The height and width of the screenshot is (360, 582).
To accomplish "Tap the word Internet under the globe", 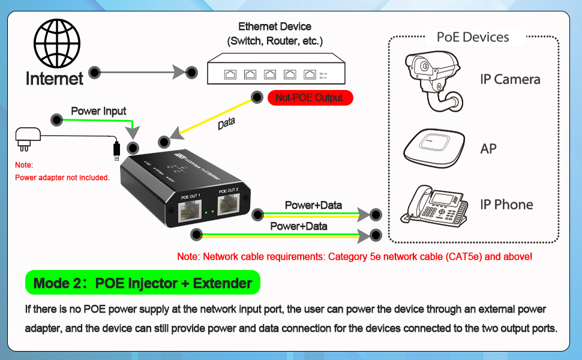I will point(54,78).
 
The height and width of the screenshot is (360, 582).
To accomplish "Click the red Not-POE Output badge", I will point(309,97).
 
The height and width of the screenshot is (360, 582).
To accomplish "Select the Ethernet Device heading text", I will point(275,26).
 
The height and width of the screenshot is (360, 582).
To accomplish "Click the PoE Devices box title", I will point(473,37).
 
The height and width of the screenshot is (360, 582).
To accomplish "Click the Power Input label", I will point(98,111).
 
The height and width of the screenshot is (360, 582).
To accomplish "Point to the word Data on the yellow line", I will point(226,124).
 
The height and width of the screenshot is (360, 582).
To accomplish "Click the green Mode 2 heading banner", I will point(143,283).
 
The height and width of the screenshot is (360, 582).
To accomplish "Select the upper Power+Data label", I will point(313,205).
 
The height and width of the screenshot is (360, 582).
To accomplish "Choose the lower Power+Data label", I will point(298,226).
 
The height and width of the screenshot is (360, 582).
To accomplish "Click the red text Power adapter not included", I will point(62,178).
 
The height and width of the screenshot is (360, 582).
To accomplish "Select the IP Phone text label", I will point(506,205).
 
